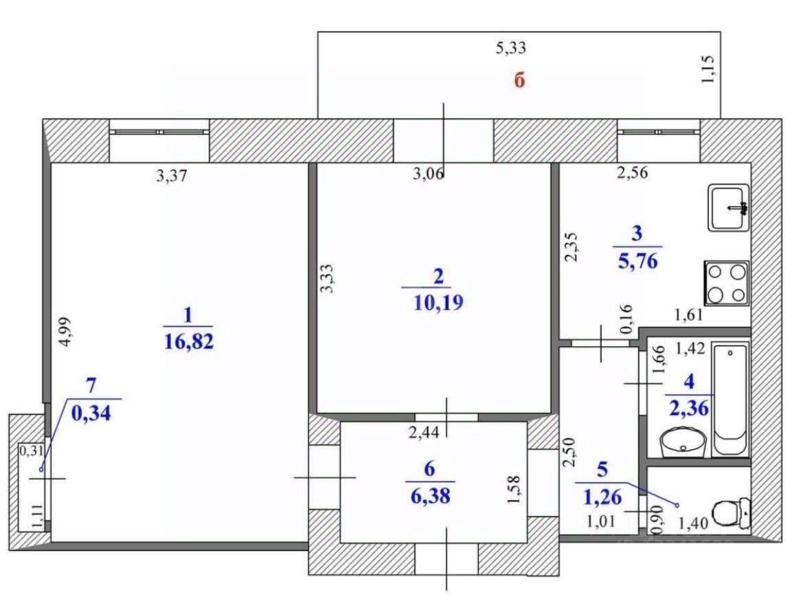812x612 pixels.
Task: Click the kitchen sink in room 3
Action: pyautogui.click(x=729, y=207)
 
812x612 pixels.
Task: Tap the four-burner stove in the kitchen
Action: pyautogui.click(x=727, y=283)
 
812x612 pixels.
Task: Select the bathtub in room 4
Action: pyautogui.click(x=730, y=399)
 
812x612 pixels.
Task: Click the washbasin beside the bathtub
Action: pyautogui.click(x=683, y=443)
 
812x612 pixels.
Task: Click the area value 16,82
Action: pyautogui.click(x=188, y=341)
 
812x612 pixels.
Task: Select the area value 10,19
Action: pyautogui.click(x=438, y=302)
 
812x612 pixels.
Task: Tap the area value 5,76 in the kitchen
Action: pyautogui.click(x=638, y=261)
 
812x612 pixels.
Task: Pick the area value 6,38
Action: pyautogui.click(x=430, y=496)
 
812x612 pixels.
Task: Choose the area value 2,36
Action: pyautogui.click(x=689, y=408)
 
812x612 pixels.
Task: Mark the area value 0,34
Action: pyautogui.click(x=91, y=413)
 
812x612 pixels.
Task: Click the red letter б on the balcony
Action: pyautogui.click(x=519, y=81)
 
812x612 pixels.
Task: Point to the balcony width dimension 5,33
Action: pyautogui.click(x=510, y=48)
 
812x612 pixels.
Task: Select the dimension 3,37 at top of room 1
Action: pyautogui.click(x=172, y=176)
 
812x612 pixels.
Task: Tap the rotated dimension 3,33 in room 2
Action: pyautogui.click(x=327, y=279)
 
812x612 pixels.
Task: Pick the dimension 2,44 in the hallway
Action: pyautogui.click(x=424, y=432)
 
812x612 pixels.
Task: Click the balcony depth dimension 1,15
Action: pyautogui.click(x=708, y=69)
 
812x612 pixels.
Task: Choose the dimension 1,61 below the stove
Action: pyautogui.click(x=688, y=315)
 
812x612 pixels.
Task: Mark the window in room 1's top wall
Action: pyautogui.click(x=159, y=132)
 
